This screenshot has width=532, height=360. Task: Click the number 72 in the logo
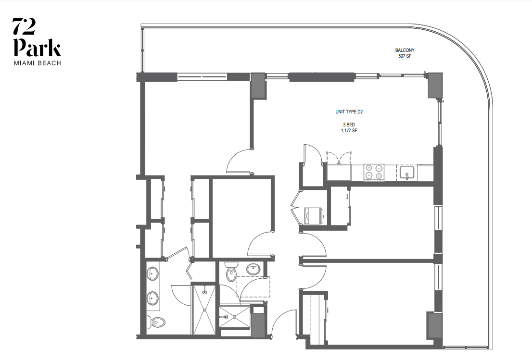click(24, 26)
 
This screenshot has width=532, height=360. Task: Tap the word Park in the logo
click(37, 48)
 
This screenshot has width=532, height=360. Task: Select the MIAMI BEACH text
click(38, 63)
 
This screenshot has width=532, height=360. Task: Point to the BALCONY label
click(405, 50)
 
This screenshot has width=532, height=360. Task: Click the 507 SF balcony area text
click(405, 56)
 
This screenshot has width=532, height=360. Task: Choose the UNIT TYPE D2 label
click(349, 112)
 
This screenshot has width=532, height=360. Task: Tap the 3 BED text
click(349, 125)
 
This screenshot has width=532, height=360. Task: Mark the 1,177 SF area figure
click(349, 131)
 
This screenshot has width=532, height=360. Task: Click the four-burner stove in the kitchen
click(374, 172)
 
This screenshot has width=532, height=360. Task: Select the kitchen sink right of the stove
click(406, 173)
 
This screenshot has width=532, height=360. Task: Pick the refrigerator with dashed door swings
click(339, 172)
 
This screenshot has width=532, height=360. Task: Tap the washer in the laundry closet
click(314, 216)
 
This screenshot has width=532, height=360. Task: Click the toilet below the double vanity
click(156, 321)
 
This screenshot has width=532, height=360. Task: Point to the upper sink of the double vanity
click(152, 274)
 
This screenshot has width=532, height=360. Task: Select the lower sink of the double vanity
click(152, 298)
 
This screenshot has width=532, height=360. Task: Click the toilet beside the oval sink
click(231, 272)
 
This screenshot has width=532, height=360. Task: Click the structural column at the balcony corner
click(435, 86)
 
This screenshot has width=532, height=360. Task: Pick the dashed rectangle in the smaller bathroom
click(253, 287)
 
